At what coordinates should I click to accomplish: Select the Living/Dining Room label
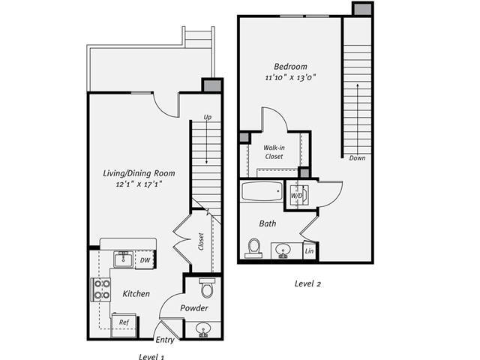133,173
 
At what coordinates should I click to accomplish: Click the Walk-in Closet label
273,152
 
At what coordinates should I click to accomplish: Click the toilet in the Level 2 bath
253,247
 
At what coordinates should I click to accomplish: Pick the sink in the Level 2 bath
283,250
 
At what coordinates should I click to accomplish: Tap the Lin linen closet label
310,251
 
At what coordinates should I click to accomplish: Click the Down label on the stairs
357,158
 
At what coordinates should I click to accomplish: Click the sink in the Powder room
202,328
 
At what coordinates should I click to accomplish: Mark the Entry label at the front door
165,340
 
